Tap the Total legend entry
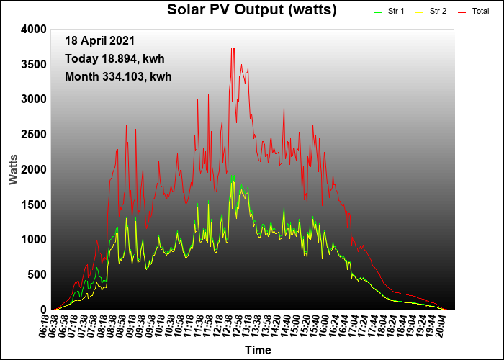[x=480, y=12]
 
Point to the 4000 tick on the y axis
[x=33, y=29]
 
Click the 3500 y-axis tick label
[x=33, y=64]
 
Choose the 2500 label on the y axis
[x=33, y=134]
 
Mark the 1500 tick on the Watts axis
[x=33, y=204]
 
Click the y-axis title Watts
[x=14, y=168]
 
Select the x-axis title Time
[x=258, y=351]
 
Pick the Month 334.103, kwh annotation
[x=118, y=76]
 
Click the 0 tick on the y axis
[x=43, y=310]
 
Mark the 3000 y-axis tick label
[x=33, y=99]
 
